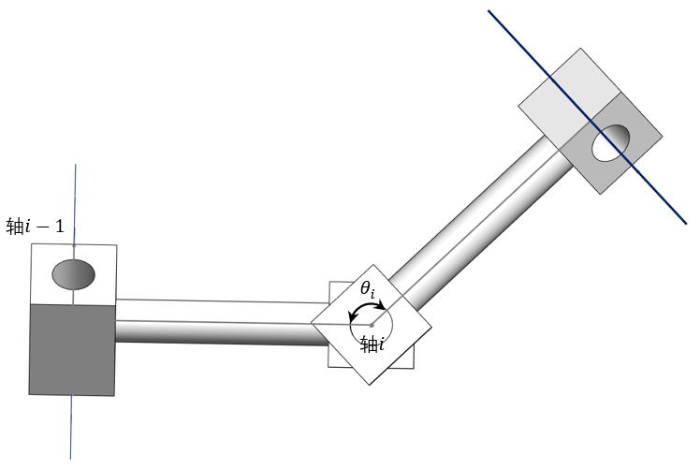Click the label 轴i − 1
[x=36, y=226]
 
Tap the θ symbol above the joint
[x=366, y=288]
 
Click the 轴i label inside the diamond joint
[x=372, y=344]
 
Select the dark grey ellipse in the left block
[x=74, y=273]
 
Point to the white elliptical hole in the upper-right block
[x=610, y=142]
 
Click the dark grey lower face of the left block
[x=72, y=350]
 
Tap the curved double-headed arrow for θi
[x=367, y=309]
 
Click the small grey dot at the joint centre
[x=372, y=325]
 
